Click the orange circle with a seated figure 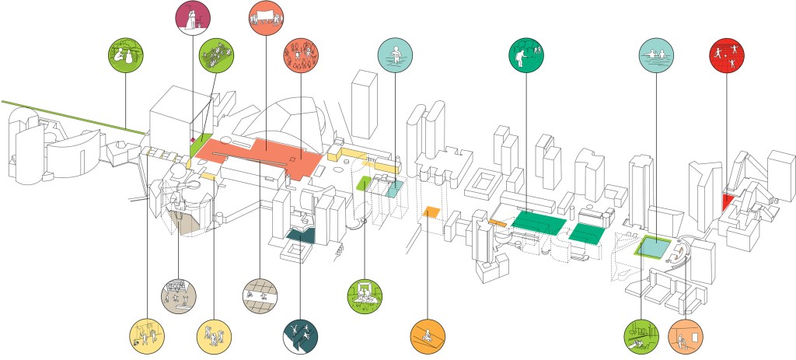click(x=428, y=336)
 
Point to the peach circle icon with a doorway click(x=686, y=336)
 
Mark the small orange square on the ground click(x=431, y=211)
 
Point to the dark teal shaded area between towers click(x=300, y=235)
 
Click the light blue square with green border click(x=653, y=248)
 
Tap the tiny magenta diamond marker click(x=192, y=140)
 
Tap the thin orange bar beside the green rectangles click(x=497, y=223)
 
